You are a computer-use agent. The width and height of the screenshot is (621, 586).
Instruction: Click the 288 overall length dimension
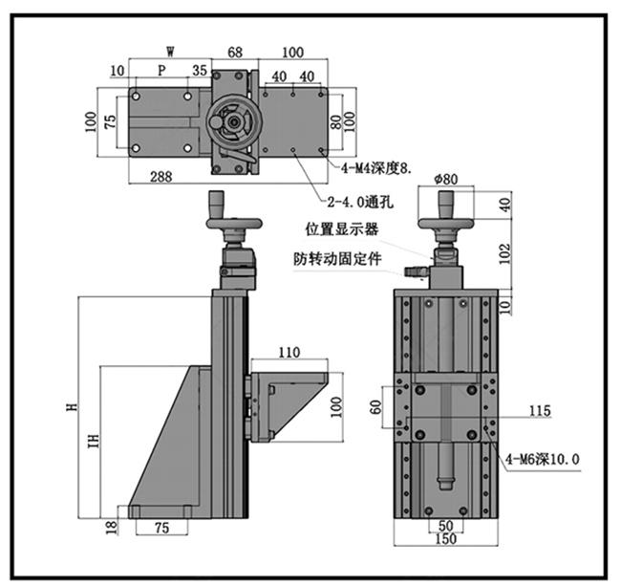(x=161, y=176)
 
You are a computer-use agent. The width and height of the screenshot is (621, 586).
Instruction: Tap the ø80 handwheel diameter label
(x=446, y=179)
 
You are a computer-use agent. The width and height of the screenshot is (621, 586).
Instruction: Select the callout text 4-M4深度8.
(x=376, y=169)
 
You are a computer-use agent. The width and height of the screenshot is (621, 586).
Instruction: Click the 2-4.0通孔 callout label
(x=360, y=202)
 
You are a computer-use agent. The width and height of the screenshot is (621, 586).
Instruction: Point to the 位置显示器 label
(x=341, y=229)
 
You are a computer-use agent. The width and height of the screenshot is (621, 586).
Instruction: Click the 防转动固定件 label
(x=337, y=259)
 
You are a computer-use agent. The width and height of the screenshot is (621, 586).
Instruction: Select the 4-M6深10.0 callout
(x=543, y=459)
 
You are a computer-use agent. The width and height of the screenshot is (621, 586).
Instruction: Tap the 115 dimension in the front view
(x=540, y=410)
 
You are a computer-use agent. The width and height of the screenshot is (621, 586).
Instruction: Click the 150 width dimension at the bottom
(x=445, y=538)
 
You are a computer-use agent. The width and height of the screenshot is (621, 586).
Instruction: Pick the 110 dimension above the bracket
(x=289, y=352)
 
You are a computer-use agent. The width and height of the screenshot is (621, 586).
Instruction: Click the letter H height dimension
(x=72, y=406)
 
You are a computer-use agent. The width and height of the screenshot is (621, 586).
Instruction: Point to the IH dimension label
(x=94, y=441)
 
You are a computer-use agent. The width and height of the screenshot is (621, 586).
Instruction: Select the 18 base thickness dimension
(x=112, y=527)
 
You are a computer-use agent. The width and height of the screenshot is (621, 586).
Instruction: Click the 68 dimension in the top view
(x=235, y=53)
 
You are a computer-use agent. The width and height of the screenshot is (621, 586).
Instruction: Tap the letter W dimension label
(x=170, y=51)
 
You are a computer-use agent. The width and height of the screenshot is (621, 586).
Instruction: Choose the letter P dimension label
(x=161, y=70)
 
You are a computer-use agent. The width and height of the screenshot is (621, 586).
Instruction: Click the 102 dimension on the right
(x=504, y=253)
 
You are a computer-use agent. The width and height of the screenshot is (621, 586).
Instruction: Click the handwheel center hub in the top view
(x=233, y=122)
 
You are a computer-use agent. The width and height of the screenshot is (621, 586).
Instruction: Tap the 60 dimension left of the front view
(x=375, y=407)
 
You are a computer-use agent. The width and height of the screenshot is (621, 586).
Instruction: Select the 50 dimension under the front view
(x=445, y=526)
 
